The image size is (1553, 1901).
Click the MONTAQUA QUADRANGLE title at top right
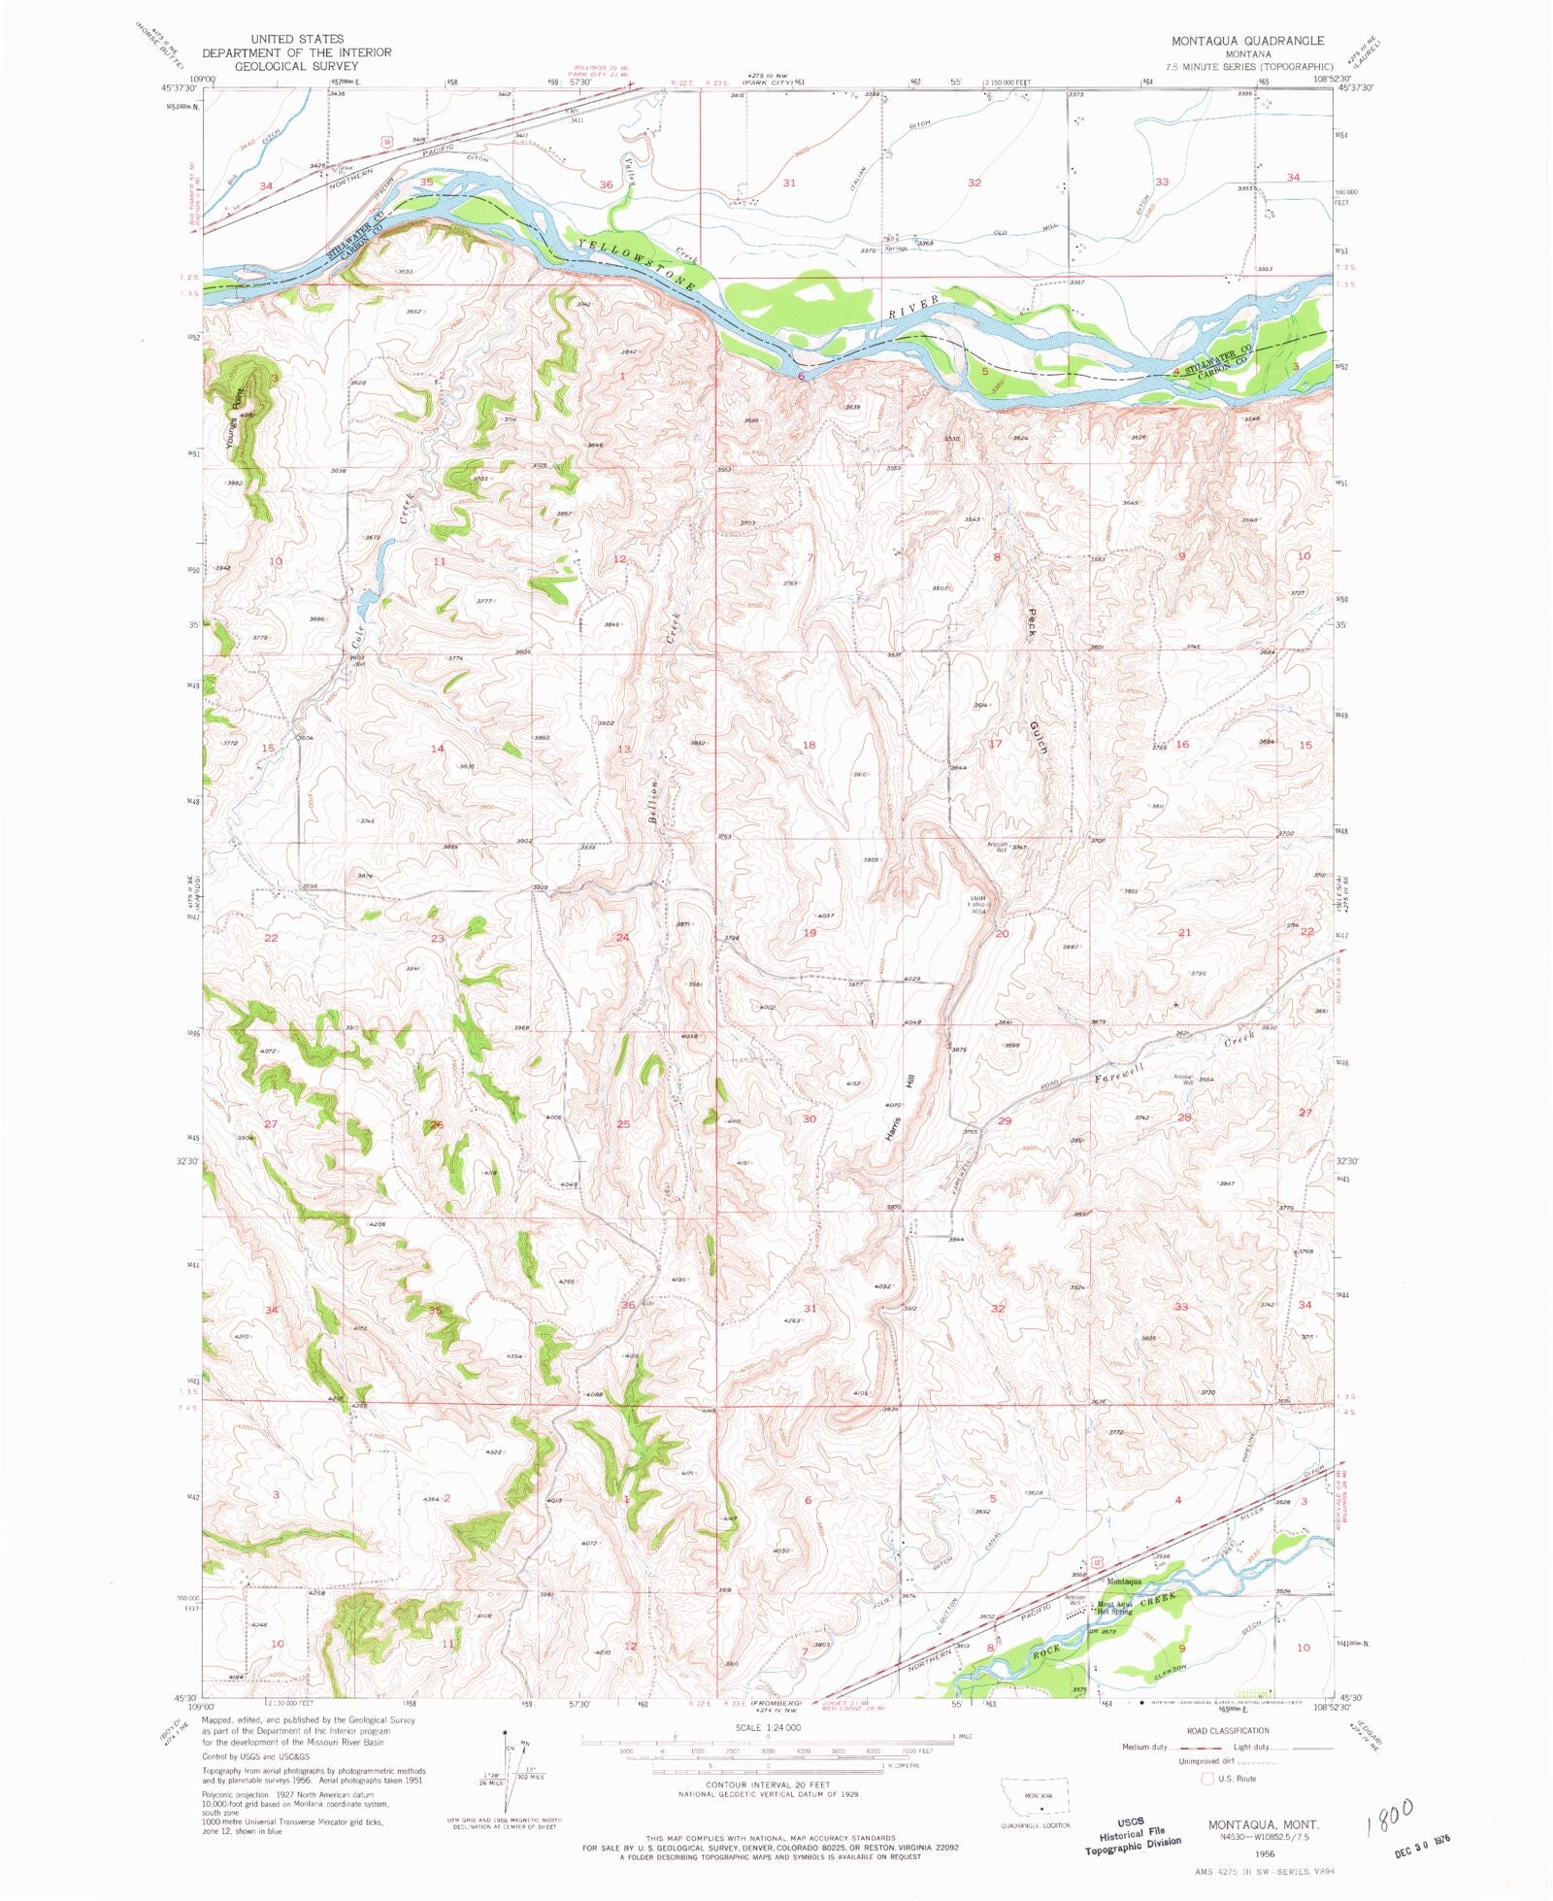(1247, 40)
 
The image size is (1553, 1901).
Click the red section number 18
(809, 745)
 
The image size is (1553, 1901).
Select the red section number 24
(622, 937)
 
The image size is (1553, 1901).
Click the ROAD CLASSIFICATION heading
(1227, 1730)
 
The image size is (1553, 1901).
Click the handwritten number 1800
(1389, 1813)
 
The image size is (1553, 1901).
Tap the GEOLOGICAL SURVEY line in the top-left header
(296, 66)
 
